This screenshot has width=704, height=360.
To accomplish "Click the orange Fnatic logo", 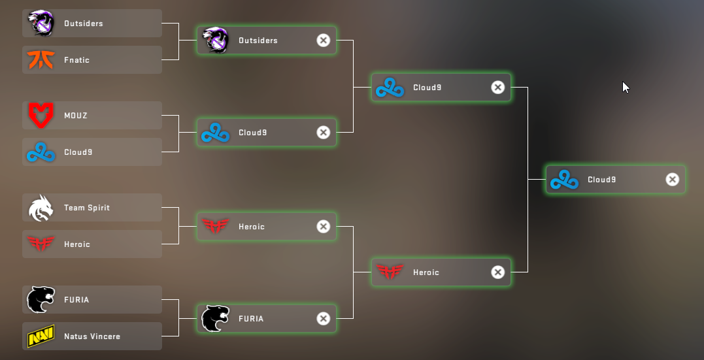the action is [41, 59].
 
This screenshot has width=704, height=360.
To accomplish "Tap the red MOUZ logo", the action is [41, 116].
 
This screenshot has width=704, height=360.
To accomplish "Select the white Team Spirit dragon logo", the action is [41, 208].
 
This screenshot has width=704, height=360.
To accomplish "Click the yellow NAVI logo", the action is [41, 336].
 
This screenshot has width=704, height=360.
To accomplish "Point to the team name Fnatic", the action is [76, 60].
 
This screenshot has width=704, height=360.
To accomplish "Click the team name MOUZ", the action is [76, 116].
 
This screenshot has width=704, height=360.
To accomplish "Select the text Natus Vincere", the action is [92, 336].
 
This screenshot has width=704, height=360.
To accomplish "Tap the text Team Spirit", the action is [87, 208].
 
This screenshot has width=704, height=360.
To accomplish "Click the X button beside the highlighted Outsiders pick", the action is [324, 41].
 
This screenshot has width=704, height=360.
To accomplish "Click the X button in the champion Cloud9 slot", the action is [672, 180].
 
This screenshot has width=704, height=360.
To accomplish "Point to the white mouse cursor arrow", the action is [626, 87].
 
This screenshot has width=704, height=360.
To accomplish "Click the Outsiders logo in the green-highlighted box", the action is [216, 40].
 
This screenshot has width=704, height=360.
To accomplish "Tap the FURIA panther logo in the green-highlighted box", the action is [216, 319].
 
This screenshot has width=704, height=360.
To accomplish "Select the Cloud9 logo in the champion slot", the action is [564, 180].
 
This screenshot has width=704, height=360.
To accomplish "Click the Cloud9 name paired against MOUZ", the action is [78, 152].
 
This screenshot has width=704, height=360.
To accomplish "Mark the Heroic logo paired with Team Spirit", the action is [41, 244].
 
